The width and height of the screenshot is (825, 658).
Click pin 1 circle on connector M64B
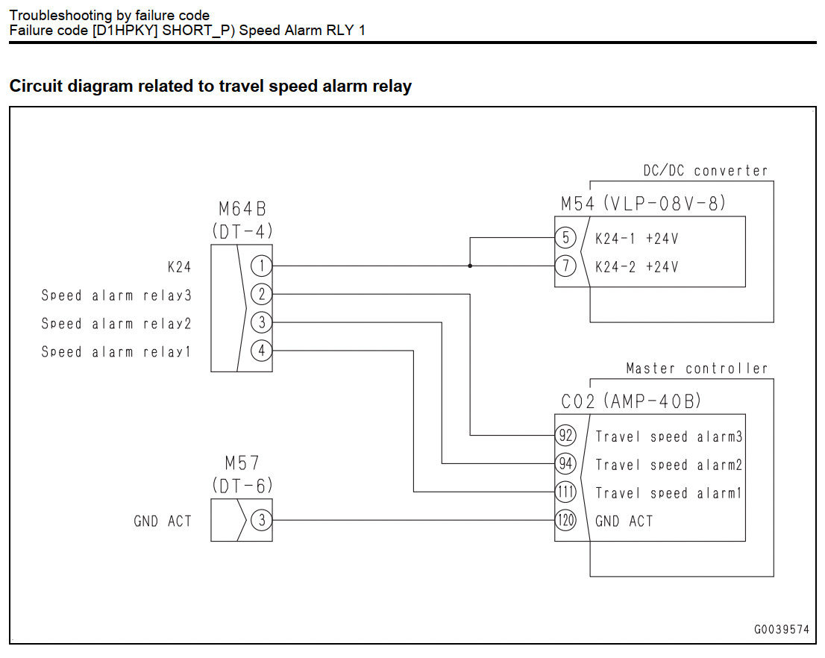pyautogui.click(x=262, y=266)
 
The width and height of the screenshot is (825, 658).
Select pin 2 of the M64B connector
pyautogui.click(x=262, y=294)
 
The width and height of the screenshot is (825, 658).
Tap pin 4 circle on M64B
pyautogui.click(x=262, y=351)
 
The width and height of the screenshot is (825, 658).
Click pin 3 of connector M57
pyautogui.click(x=262, y=521)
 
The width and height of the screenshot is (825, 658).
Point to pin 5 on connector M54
pyautogui.click(x=565, y=238)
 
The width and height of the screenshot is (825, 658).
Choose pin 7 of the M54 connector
pyautogui.click(x=565, y=266)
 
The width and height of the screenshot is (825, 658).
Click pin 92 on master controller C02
pyautogui.click(x=565, y=436)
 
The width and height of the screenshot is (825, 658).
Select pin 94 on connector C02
pyautogui.click(x=565, y=464)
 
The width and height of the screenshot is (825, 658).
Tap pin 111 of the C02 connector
pyautogui.click(x=565, y=492)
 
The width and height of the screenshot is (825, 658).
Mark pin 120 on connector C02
pyautogui.click(x=565, y=521)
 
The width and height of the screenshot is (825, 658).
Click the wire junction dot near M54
pyautogui.click(x=470, y=266)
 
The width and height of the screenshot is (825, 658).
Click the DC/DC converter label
pyautogui.click(x=705, y=171)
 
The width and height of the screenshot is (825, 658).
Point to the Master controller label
pyautogui.click(x=697, y=369)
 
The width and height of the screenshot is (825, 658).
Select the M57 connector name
pyautogui.click(x=242, y=463)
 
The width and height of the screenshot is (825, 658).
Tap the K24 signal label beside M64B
pyautogui.click(x=179, y=267)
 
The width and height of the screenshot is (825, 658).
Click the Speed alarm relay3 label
pyautogui.click(x=116, y=296)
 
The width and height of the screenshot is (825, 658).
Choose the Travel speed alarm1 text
pyautogui.click(x=668, y=493)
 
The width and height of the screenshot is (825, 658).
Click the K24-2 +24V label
pyautogui.click(x=636, y=267)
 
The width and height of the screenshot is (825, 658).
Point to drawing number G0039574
pyautogui.click(x=781, y=630)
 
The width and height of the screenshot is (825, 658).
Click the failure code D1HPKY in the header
pyautogui.click(x=125, y=31)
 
